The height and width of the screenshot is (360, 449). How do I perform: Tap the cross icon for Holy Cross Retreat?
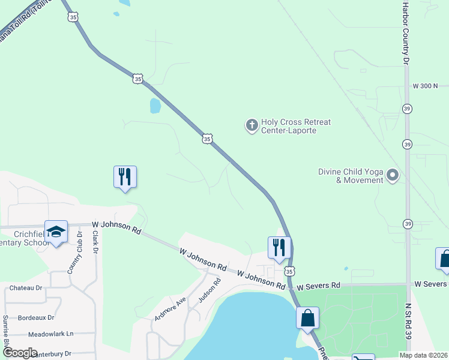pyautogui.click(x=252, y=125)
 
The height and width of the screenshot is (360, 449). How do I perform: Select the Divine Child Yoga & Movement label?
pyautogui.click(x=351, y=176)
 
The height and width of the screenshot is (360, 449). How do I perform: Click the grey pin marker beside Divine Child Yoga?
pyautogui.click(x=393, y=175)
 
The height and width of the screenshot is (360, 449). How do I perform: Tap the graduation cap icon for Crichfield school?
pyautogui.click(x=56, y=232)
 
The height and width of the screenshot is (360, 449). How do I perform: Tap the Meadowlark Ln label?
pyautogui.click(x=50, y=334)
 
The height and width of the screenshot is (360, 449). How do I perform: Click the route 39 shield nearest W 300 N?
pyautogui.click(x=408, y=109)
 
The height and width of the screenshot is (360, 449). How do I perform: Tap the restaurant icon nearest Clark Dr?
pyautogui.click(x=125, y=176)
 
